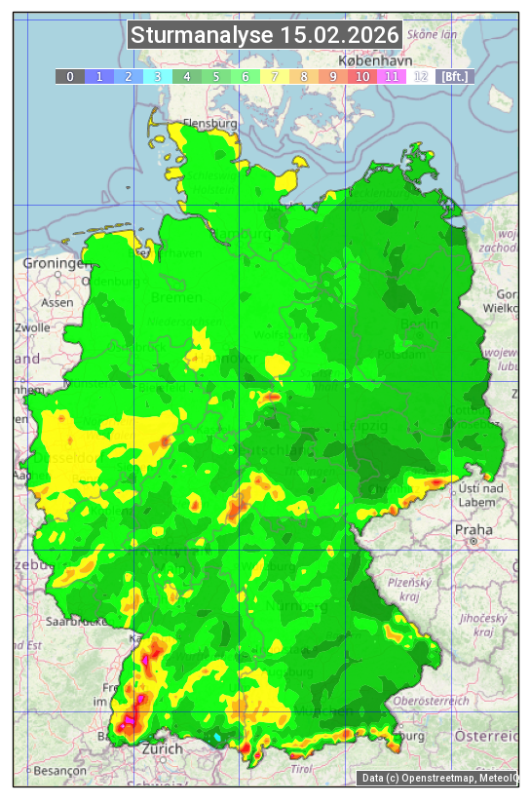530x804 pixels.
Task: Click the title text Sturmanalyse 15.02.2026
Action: [265, 36]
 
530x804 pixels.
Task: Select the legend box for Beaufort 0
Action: [69, 76]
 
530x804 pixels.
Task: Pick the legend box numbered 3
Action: [157, 76]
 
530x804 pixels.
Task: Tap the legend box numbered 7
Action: [275, 76]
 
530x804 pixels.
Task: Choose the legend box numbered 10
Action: [362, 76]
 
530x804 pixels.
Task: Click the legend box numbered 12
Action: [421, 76]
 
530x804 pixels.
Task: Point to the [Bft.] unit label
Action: [454, 76]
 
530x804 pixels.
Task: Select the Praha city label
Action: [473, 529]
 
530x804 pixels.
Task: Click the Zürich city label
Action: [162, 748]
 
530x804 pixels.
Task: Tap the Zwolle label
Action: [32, 327]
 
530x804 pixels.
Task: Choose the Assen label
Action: [57, 302]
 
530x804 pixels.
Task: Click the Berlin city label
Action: [419, 324]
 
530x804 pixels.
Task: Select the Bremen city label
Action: [176, 297]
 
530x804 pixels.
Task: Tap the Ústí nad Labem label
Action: [480, 494]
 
